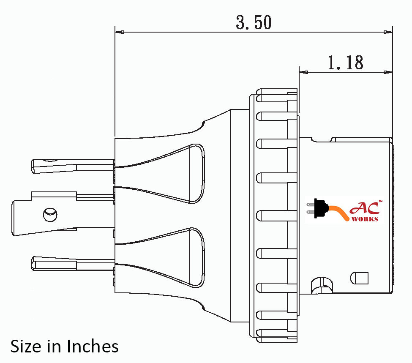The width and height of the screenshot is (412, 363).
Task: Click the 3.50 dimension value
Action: pyautogui.click(x=254, y=23)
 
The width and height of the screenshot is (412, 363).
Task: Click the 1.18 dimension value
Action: pyautogui.click(x=345, y=63)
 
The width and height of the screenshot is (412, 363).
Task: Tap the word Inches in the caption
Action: pyautogui.click(x=92, y=346)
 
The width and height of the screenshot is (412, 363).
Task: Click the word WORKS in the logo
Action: pyautogui.click(x=365, y=219)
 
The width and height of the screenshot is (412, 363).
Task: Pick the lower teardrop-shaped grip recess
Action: pyautogui.click(x=177, y=258)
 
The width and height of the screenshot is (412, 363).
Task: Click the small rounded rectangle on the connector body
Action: pyautogui.click(x=360, y=278)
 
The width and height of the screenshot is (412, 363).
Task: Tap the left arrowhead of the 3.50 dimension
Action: pyautogui.click(x=119, y=32)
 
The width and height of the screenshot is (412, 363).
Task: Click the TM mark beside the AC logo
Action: pyautogui.click(x=380, y=202)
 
